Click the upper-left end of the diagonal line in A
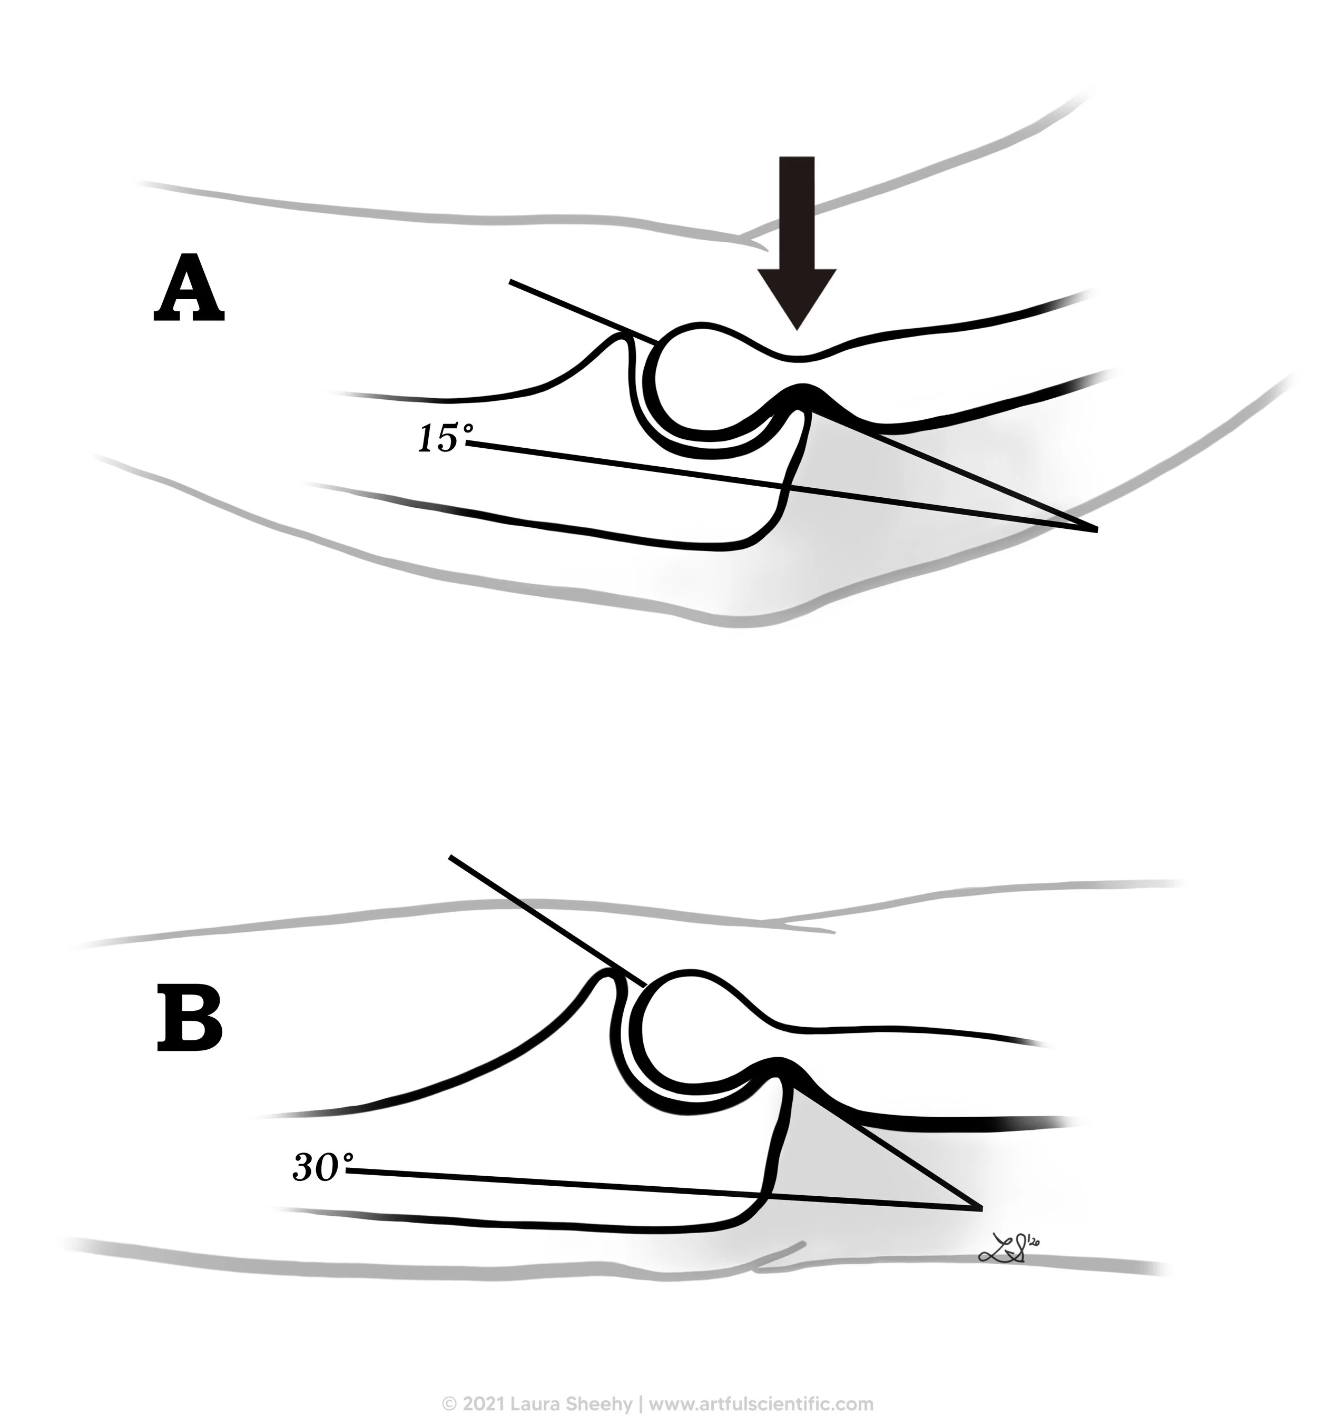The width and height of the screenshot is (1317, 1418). pos(511,282)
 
